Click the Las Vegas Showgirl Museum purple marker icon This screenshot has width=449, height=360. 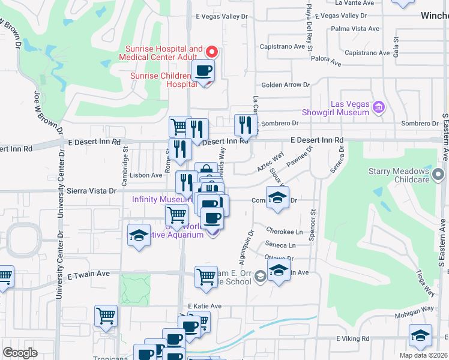378,108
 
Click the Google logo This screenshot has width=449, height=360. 20,353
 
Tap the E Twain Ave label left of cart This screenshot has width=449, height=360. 88,274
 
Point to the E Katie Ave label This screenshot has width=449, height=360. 205,306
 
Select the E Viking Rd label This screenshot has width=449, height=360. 354,338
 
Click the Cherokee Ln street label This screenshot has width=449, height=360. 285,232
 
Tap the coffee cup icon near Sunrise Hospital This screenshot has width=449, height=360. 203,71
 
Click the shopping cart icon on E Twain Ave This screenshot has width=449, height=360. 206,277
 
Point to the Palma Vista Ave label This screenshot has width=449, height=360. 355,28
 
